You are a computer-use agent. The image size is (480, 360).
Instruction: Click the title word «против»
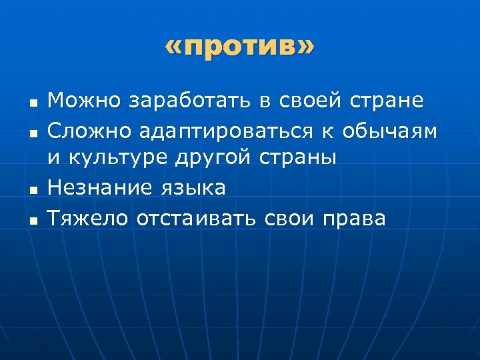(239, 48)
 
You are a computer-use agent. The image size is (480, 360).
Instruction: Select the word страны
(302, 159)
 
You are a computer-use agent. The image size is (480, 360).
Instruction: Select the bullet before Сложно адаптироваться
(31, 133)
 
